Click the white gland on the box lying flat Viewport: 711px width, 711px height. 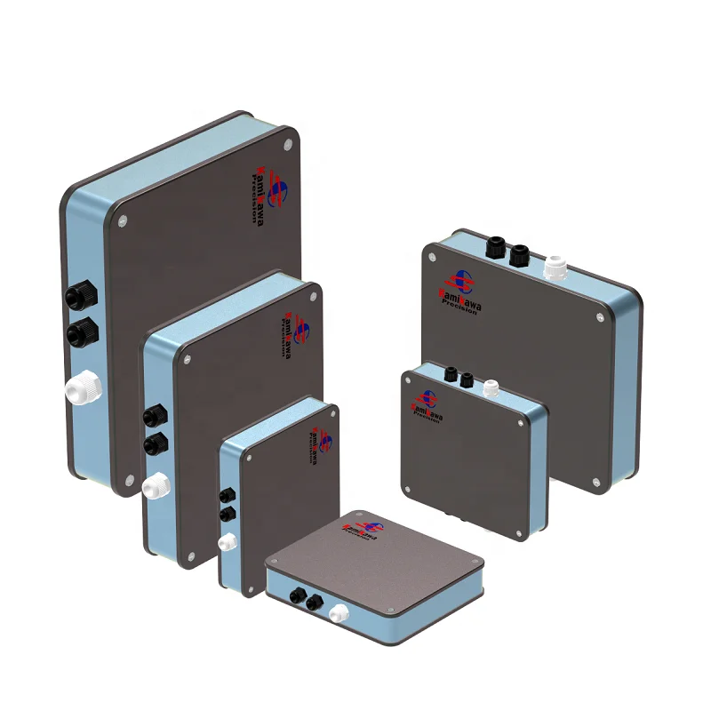(338, 612)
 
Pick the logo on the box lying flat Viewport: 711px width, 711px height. (358, 531)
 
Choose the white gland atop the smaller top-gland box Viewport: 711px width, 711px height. (491, 387)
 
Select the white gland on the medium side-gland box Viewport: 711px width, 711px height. (156, 485)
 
